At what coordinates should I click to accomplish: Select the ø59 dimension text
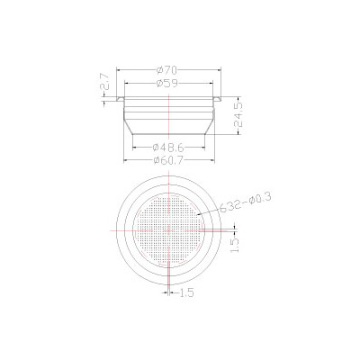170,83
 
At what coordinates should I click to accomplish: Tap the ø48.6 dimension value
170,146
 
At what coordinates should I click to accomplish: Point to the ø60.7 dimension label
170,159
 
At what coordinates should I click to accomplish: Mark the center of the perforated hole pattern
169,229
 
